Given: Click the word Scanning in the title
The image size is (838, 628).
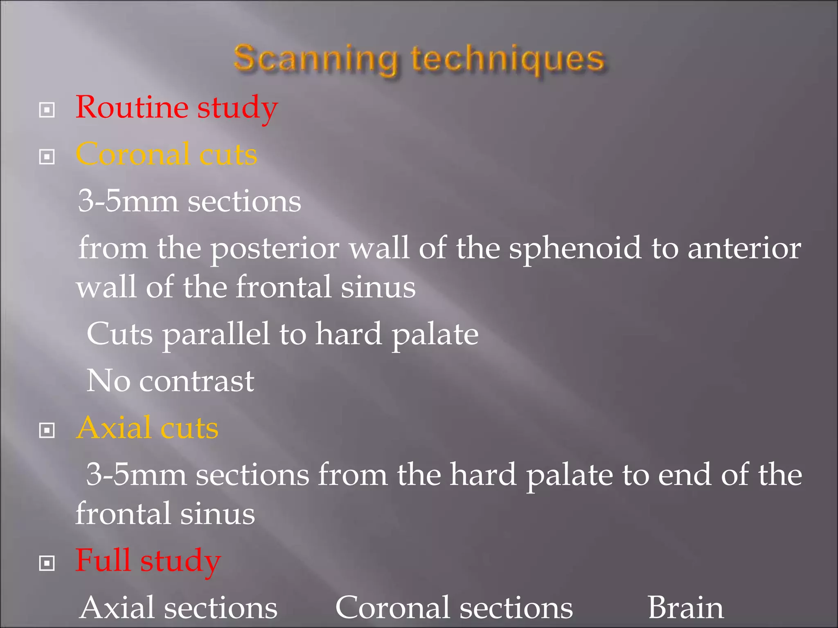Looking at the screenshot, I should click(315, 59).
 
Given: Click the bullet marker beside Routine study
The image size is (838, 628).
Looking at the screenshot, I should click(47, 110).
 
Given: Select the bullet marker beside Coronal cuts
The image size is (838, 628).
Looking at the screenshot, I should click(47, 157).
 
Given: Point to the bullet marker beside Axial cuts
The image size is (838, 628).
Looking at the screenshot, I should click(47, 430).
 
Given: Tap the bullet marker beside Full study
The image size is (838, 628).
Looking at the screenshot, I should click(47, 563).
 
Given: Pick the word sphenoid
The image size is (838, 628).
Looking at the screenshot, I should click(575, 248).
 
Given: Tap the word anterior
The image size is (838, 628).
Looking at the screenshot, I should click(744, 248).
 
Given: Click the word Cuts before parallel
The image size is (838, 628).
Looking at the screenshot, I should click(120, 334).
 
